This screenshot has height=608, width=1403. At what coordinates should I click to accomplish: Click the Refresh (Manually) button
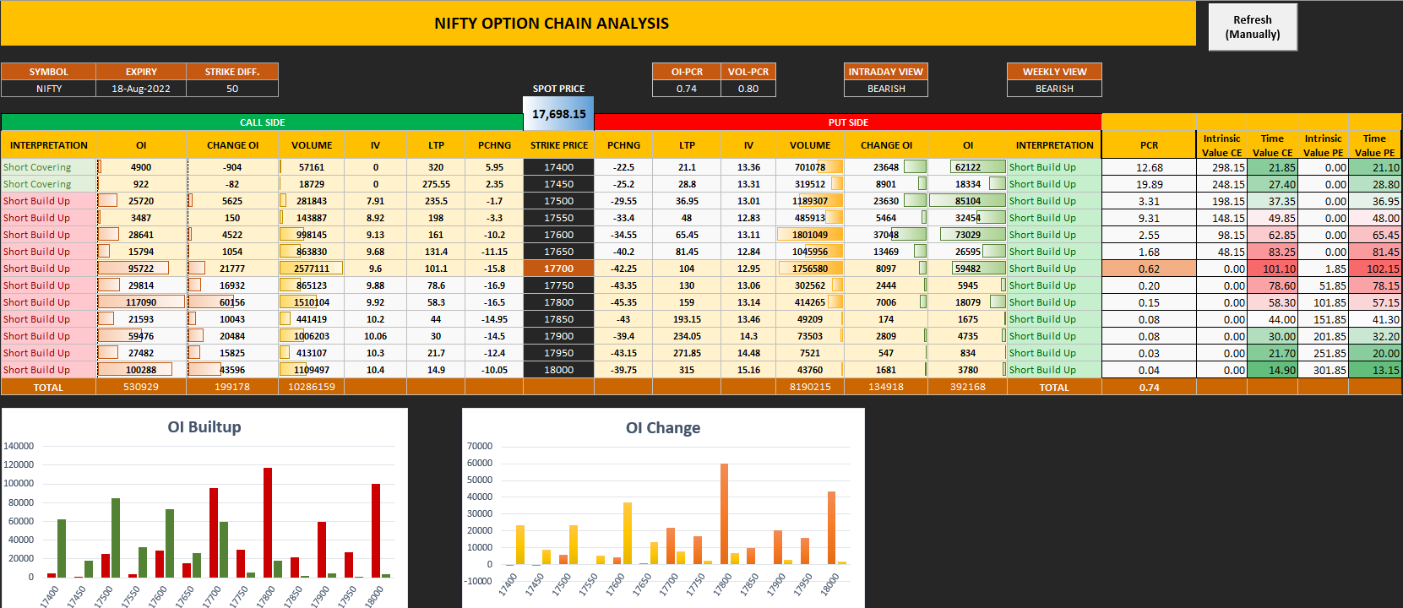pyautogui.click(x=1252, y=27)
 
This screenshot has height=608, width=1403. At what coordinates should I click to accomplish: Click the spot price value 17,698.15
pyautogui.click(x=558, y=114)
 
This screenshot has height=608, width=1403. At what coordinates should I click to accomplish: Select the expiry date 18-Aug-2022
pyautogui.click(x=141, y=89)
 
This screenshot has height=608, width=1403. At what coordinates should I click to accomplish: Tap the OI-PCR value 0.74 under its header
pyautogui.click(x=687, y=89)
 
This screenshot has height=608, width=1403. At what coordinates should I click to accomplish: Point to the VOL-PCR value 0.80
pyautogui.click(x=748, y=89)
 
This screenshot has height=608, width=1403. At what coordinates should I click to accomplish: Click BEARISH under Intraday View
pyautogui.click(x=886, y=89)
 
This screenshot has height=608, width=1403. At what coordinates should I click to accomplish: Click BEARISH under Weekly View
pyautogui.click(x=1054, y=89)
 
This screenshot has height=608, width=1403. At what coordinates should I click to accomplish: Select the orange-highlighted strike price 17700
pyautogui.click(x=558, y=269)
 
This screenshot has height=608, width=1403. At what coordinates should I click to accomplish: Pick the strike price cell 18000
pyautogui.click(x=558, y=370)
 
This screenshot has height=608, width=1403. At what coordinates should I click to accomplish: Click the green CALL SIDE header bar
pyautogui.click(x=262, y=122)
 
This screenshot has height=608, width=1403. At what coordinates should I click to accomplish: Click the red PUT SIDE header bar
pyautogui.click(x=848, y=122)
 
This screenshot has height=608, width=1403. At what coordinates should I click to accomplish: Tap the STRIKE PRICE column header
pyautogui.click(x=558, y=145)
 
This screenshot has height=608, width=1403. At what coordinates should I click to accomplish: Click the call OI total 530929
pyautogui.click(x=141, y=387)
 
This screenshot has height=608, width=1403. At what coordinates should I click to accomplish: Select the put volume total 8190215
pyautogui.click(x=809, y=387)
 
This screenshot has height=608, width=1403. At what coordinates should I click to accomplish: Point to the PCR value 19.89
pyautogui.click(x=1149, y=184)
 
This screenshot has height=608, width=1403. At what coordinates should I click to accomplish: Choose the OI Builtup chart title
pyautogui.click(x=204, y=427)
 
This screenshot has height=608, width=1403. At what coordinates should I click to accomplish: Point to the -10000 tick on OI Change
pyautogui.click(x=478, y=581)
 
